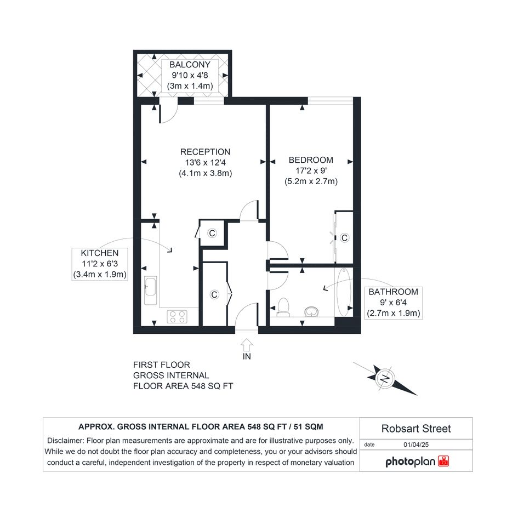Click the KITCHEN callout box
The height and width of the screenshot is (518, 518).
point(100,264)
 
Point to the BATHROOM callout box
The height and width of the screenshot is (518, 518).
point(393,303)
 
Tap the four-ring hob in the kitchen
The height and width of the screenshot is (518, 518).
point(177,316)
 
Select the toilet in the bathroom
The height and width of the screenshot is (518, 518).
point(283,307)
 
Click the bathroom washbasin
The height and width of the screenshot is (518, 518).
point(311,311)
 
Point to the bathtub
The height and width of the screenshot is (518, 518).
point(344,292)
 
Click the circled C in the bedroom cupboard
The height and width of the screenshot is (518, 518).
point(345,237)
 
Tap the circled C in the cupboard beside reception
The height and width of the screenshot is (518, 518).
point(212,233)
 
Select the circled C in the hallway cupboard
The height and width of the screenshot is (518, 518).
point(214,294)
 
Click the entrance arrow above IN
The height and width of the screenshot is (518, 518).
point(247,345)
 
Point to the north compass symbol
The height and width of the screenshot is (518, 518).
point(385,379)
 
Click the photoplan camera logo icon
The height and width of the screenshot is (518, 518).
point(443,461)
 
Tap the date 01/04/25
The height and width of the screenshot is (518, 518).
point(416,445)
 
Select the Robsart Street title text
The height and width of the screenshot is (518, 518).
point(416,429)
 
